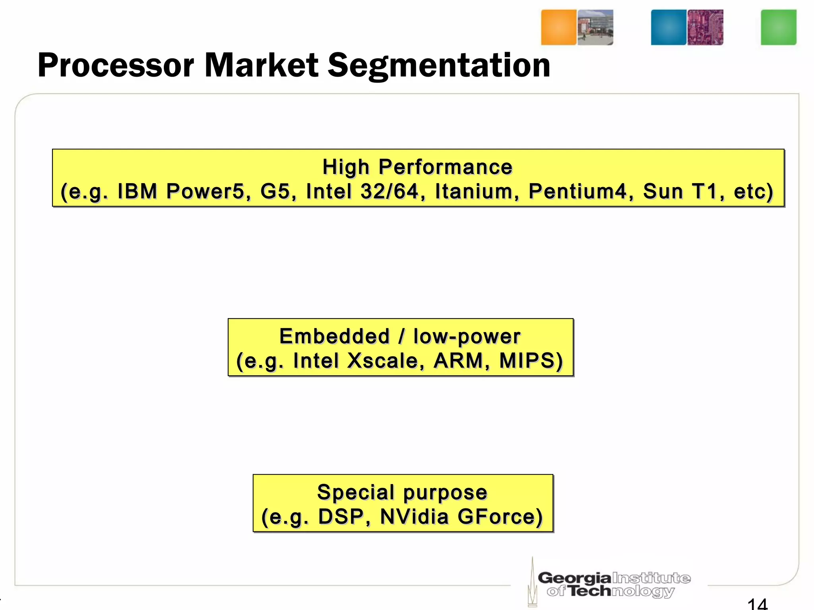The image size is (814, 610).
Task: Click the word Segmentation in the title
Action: click(439, 66)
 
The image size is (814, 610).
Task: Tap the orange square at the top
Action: click(558, 27)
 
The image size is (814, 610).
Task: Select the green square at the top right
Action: click(778, 27)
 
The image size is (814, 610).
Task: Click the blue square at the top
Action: click(669, 27)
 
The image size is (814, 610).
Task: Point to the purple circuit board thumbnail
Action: click(705, 27)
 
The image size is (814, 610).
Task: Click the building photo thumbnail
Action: click(595, 27)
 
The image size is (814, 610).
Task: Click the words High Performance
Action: click(417, 167)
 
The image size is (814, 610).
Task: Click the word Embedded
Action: click(334, 336)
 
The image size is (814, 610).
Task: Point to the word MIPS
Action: click(531, 361)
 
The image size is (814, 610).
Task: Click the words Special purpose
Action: click(402, 492)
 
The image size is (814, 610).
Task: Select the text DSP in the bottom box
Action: click(344, 517)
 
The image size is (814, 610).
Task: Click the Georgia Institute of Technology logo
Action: click(610, 584)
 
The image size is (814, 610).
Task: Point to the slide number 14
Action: click(757, 604)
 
